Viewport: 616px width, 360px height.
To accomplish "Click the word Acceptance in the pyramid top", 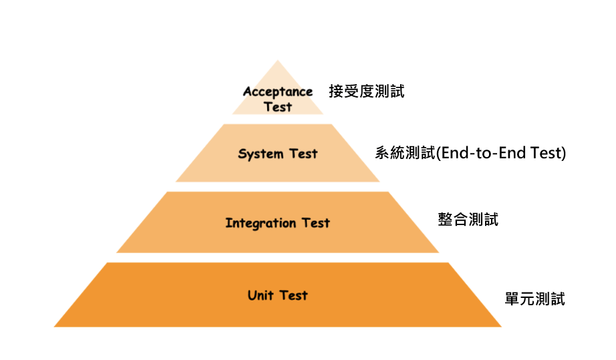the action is tap(277, 92).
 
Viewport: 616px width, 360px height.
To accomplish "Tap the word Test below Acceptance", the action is tap(277, 107).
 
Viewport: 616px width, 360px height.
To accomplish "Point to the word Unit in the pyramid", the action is tap(261, 295).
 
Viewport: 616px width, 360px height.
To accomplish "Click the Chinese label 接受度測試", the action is tap(366, 92).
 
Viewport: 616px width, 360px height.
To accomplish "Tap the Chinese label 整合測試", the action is tap(468, 220).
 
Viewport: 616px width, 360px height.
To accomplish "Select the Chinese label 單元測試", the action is tap(534, 299).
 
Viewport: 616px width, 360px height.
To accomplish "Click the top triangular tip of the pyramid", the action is tap(277, 63).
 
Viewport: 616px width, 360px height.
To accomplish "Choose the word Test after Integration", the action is tap(315, 223).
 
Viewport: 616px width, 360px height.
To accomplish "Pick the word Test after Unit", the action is tap(293, 295).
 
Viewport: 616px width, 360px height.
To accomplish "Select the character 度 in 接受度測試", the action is tap(366, 92).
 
